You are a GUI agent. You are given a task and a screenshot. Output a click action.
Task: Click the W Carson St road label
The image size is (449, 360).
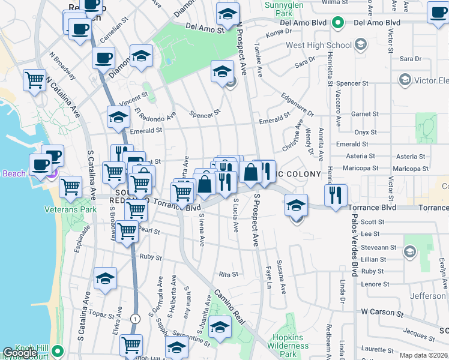[382, 313]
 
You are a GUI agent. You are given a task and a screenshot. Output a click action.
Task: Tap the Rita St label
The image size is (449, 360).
[228, 274]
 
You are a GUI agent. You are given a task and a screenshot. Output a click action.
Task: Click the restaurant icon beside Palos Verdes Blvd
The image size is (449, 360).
[335, 194]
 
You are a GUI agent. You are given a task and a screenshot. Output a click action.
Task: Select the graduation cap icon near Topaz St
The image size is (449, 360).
[105, 279]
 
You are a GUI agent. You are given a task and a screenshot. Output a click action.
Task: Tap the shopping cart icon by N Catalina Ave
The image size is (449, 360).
[34, 79]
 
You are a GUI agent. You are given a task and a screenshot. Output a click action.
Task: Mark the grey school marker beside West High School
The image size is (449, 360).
[360, 44]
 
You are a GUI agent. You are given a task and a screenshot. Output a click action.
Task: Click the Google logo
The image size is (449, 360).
[20, 353]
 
